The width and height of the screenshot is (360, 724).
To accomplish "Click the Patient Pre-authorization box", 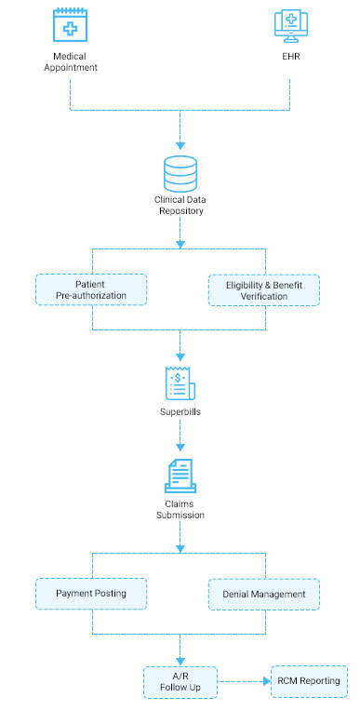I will tap(91, 289).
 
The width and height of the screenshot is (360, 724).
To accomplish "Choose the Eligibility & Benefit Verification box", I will tap(263, 289).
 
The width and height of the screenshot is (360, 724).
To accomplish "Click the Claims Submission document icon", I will tap(180, 476).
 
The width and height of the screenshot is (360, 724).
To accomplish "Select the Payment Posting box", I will tap(91, 593).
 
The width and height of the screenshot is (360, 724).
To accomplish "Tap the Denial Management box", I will tap(263, 594).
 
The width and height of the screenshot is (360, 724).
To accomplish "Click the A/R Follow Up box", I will tap(180, 682).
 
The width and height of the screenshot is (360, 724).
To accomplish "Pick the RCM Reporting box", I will tap(308, 681).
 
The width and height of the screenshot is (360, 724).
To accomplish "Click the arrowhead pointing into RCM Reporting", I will tap(264, 682).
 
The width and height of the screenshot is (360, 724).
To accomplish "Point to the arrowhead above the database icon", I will tap(180, 145).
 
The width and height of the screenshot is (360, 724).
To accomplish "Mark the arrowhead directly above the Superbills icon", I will tap(180, 355).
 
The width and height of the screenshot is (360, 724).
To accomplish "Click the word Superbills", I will tap(180, 410).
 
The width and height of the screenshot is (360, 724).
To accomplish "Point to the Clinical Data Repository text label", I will tap(180, 206).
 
